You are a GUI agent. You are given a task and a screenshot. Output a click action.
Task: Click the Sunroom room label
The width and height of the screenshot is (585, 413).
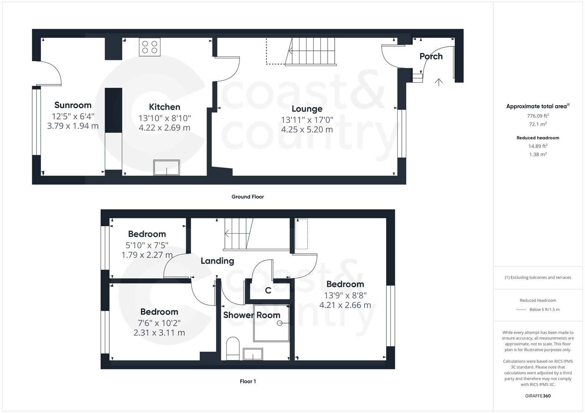pos(73,105)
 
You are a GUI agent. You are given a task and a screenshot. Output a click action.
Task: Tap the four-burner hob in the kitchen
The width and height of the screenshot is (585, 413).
pos(150,47)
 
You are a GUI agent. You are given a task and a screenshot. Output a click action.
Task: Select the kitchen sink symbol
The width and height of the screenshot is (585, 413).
pos(166,168)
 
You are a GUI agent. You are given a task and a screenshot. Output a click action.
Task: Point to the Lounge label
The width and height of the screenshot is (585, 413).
pos(307,109)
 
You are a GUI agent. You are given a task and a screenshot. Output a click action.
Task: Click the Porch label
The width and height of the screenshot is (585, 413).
pos(431,56)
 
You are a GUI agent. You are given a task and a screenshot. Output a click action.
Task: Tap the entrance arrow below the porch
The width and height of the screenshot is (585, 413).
pos(439,82)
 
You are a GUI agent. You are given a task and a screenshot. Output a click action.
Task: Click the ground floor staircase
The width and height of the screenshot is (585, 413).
pos(310,51)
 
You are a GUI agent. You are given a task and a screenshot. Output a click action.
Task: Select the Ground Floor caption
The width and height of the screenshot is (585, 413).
pos(248,197)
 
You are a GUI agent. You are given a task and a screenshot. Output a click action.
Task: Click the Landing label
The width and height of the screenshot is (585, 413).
pos(217,261)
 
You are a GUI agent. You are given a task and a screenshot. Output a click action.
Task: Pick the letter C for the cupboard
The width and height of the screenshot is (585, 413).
pos(268,291)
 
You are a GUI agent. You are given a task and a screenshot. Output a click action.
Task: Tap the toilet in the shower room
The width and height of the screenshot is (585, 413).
pos(233,348)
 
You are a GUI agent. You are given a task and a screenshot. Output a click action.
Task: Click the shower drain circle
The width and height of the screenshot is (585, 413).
pos(280,323)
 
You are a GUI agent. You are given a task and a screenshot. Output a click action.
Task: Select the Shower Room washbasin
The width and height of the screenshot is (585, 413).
pos(253,354)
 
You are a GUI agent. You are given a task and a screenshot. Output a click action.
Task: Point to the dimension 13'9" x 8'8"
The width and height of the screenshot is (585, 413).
pos(345,295)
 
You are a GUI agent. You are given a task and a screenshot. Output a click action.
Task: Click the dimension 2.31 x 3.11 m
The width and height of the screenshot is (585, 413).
pos(159,333)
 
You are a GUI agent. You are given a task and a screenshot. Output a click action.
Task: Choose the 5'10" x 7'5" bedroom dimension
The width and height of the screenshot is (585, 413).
pos(147,245)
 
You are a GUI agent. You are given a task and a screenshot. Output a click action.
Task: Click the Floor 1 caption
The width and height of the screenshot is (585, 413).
pos(248,382)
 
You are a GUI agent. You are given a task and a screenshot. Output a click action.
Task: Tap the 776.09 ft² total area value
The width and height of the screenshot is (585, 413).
pos(538,116)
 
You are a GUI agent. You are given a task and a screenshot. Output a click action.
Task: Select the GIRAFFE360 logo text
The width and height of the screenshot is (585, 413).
pos(538,396)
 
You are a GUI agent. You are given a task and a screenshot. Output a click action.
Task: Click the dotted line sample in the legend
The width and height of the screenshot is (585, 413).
pos(521,310)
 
